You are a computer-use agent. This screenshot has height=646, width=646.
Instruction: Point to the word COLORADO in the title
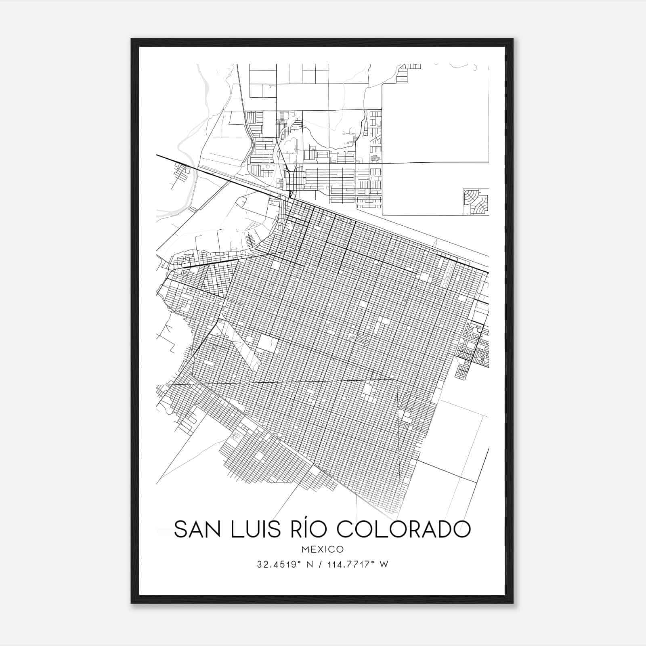403,529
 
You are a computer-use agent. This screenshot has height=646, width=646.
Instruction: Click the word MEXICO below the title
323,549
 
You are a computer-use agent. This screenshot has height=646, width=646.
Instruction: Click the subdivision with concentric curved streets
475,201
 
